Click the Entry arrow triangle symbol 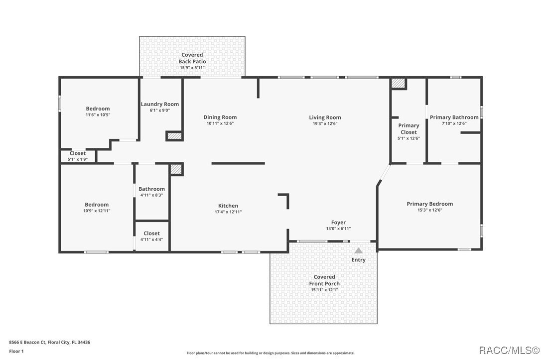click(358, 250)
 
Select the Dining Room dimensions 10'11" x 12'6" click(220, 123)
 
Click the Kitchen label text click(228, 206)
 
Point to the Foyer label click(338, 223)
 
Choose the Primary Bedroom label click(429, 204)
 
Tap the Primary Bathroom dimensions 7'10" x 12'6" click(454, 123)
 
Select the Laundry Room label click(159, 104)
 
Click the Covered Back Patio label click(192, 58)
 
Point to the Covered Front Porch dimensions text click(324, 290)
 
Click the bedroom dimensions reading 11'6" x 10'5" click(98, 115)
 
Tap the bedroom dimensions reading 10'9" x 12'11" click(97, 211)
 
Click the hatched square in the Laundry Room click(173, 136)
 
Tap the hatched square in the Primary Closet click(398, 83)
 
